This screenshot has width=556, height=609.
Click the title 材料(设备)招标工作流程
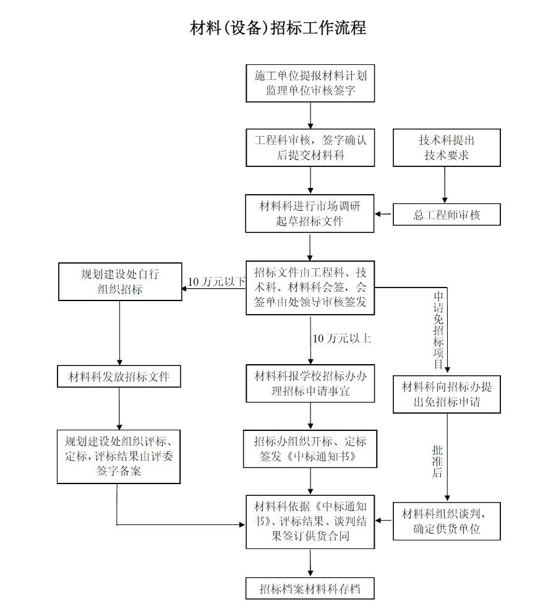click(x=278, y=28)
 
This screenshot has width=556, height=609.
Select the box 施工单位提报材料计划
click(x=310, y=83)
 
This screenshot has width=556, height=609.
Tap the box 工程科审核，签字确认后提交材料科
click(x=310, y=147)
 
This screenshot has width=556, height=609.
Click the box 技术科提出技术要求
click(x=447, y=147)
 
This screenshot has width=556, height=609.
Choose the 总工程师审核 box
click(x=447, y=215)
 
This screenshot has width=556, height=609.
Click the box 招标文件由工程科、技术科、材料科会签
click(x=310, y=287)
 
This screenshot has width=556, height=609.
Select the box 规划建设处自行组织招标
click(x=120, y=281)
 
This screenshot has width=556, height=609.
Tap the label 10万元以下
click(x=216, y=282)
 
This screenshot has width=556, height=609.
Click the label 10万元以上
click(x=341, y=338)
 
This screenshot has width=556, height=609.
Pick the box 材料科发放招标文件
click(x=119, y=375)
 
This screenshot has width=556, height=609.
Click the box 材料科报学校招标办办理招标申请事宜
click(x=310, y=383)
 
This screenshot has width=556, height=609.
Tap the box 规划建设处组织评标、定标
click(x=119, y=456)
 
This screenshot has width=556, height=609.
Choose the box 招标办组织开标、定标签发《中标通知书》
click(x=310, y=449)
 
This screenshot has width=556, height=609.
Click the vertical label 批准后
click(x=438, y=461)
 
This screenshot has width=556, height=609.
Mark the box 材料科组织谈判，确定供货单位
click(x=447, y=521)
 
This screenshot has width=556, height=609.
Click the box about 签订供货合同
click(x=310, y=521)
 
